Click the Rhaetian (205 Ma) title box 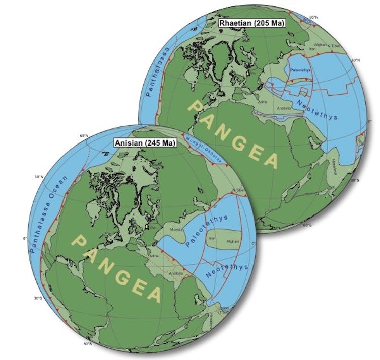(x=244, y=23)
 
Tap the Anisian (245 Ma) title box (x=145, y=143)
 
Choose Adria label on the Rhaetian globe (x=263, y=101)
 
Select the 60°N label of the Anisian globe (x=83, y=136)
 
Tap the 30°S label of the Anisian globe (x=38, y=298)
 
